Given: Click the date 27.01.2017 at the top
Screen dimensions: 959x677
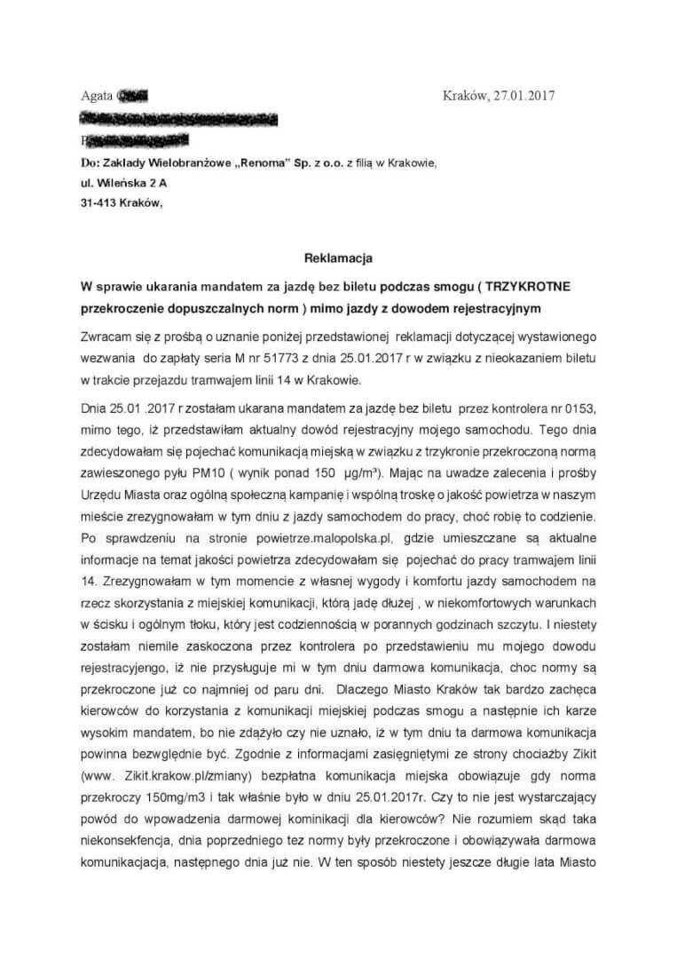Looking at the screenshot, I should [x=523, y=96].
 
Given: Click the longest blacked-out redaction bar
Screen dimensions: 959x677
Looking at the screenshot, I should [x=177, y=118].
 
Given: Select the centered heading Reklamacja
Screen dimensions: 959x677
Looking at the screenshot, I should [x=337, y=258].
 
